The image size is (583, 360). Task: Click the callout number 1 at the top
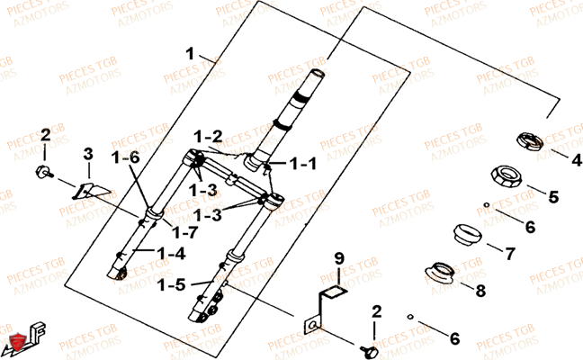pos(190,51)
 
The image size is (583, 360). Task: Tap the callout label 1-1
pos(303,165)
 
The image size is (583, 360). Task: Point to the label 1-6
pos(126,157)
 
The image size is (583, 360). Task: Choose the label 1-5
pos(173,284)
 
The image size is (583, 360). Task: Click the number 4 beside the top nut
pos(552,160)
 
